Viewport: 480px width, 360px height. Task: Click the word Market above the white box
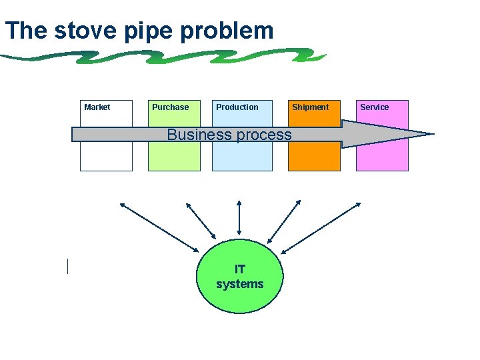pos(97,107)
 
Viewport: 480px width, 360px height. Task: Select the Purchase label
pos(170,107)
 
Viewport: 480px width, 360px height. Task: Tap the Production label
pos(237,107)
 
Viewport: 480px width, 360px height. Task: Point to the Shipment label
pos(310,107)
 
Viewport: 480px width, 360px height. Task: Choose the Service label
pos(374,107)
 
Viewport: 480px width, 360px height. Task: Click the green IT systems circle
pos(240,277)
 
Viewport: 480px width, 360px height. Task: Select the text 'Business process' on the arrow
pos(229,135)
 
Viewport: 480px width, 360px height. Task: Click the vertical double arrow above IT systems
pos(239,217)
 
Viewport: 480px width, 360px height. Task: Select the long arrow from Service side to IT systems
pos(321,227)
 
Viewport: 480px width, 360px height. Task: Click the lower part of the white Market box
pos(106,158)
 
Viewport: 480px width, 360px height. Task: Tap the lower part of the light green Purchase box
pos(174,158)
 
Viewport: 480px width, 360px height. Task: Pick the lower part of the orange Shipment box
pos(314,158)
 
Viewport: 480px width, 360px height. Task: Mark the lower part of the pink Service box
pos(382,158)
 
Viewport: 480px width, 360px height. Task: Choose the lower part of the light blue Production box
pos(242,158)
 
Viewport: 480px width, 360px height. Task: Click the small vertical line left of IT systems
pos(67,266)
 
